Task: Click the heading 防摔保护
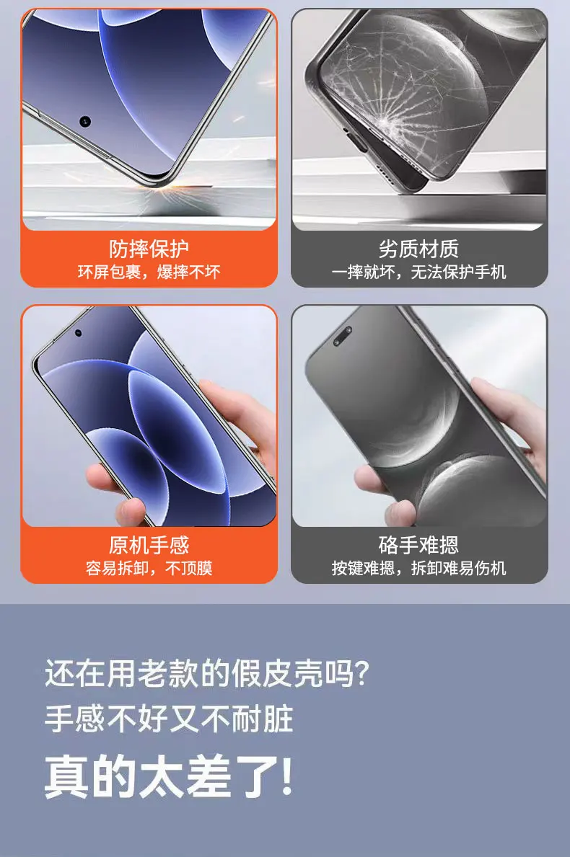point(149,249)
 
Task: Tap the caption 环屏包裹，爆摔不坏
point(149,272)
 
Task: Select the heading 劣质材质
point(419,249)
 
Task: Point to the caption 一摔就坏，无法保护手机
point(419,272)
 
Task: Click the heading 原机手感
point(149,545)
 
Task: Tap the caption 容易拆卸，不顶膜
point(149,568)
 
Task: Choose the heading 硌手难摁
point(419,545)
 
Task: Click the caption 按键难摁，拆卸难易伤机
point(419,568)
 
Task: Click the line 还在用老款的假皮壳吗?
point(207,673)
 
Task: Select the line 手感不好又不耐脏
point(169,719)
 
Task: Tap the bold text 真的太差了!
point(169,776)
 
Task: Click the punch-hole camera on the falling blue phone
point(85,121)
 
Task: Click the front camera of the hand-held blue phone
point(78,332)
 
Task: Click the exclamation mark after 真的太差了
point(286,776)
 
